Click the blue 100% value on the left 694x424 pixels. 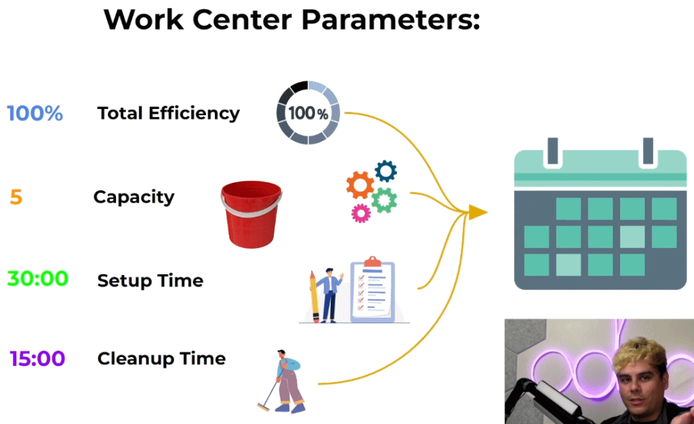[x=35, y=113]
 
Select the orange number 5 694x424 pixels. [x=16, y=197]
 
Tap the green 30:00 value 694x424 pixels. [x=38, y=278]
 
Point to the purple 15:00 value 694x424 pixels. [x=38, y=358]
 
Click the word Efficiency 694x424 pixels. [x=195, y=114]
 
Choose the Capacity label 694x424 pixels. [x=134, y=197]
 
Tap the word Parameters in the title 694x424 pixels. [x=391, y=20]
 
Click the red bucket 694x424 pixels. [x=251, y=214]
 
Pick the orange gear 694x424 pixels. [x=360, y=185]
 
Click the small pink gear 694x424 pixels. [x=361, y=213]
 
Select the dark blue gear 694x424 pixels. [x=386, y=171]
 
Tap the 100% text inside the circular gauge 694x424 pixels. [x=308, y=113]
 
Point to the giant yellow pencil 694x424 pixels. [x=314, y=297]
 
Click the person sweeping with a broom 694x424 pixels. [x=283, y=381]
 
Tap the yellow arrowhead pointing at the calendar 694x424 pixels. [x=477, y=212]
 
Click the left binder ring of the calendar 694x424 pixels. [x=553, y=151]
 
